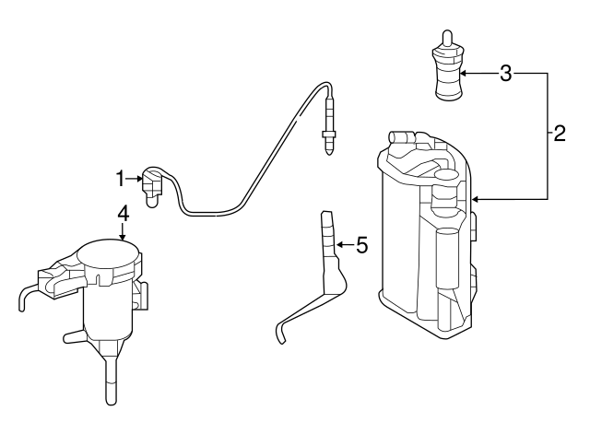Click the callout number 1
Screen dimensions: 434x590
coord(120,175)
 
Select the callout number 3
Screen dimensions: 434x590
coord(504,73)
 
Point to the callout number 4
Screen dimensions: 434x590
coord(123,212)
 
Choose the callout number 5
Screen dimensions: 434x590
coord(361,245)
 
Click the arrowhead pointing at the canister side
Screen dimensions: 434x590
coord(473,197)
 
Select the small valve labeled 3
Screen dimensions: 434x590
coord(446,74)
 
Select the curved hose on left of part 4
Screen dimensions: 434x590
coord(26,297)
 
